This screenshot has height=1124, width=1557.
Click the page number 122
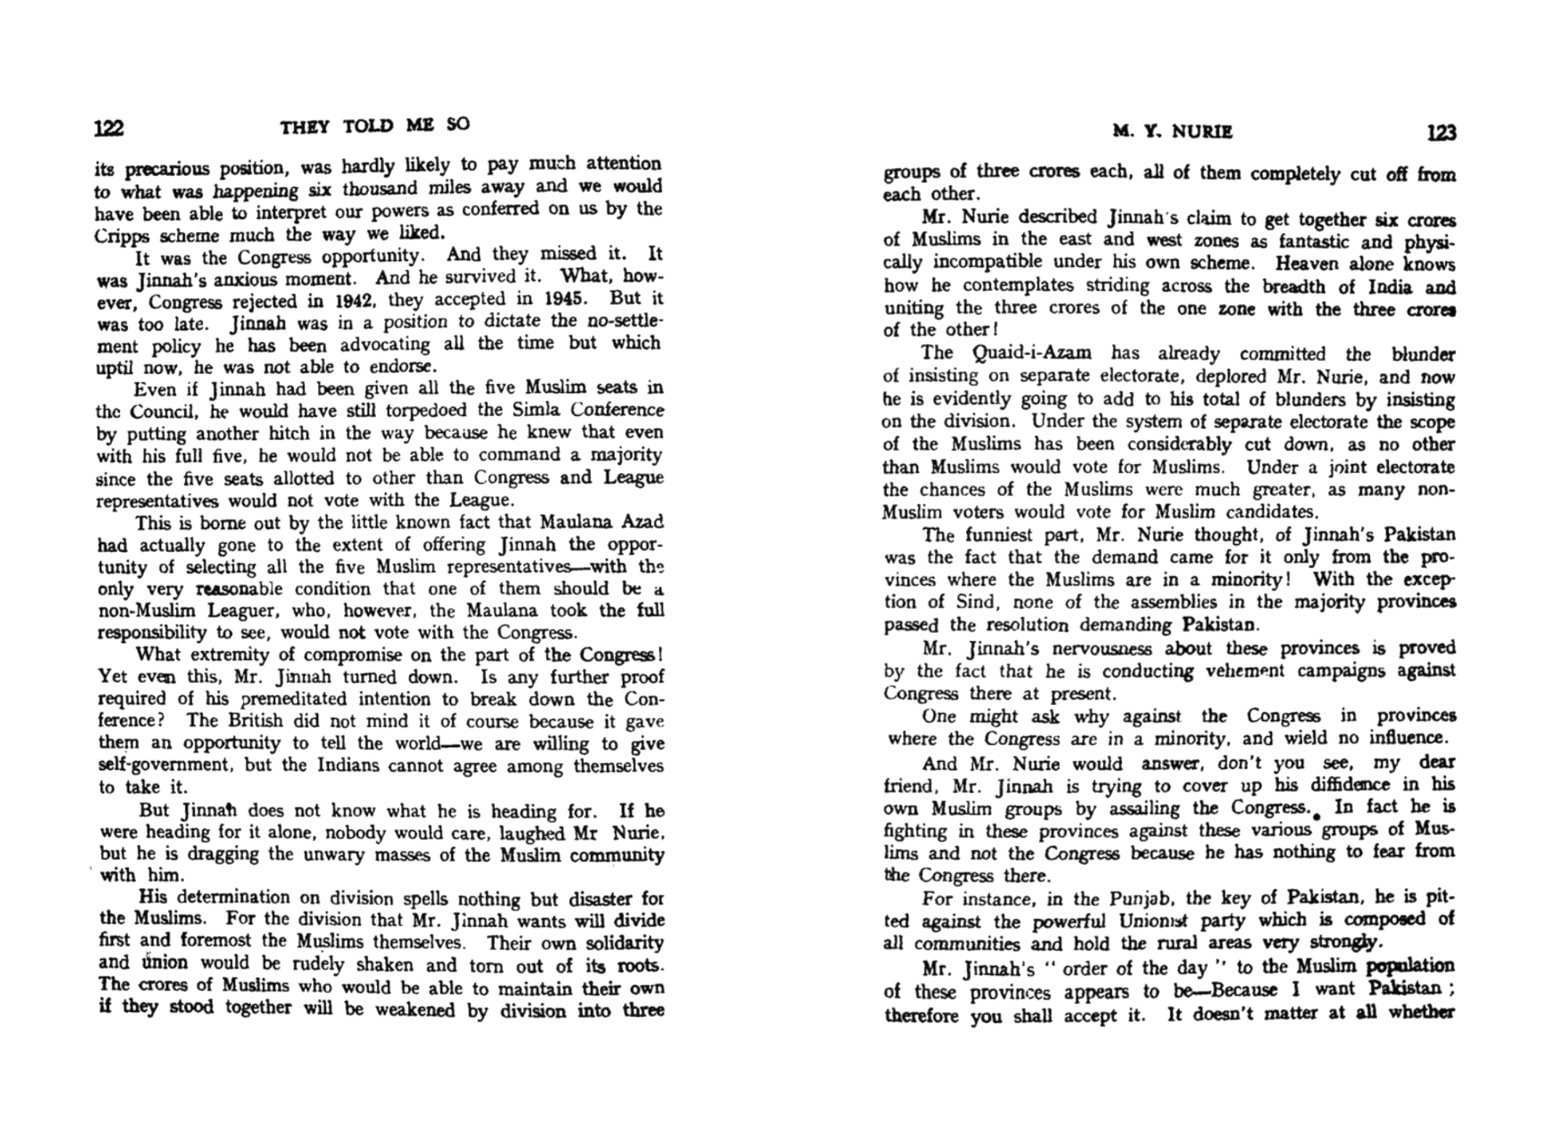(109, 129)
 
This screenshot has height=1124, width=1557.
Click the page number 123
(1441, 132)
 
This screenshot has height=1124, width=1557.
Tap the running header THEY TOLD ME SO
(375, 126)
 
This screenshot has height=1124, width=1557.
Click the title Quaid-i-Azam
(1032, 354)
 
